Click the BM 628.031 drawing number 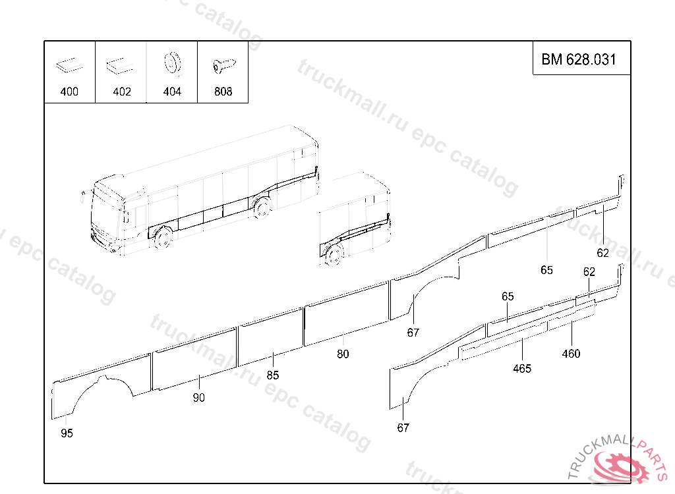(x=579, y=59)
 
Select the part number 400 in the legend (x=69, y=92)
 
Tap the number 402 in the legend (x=122, y=92)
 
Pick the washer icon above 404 (x=171, y=63)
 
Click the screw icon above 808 (x=223, y=65)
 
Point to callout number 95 (x=67, y=433)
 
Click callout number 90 (x=198, y=398)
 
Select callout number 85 (x=273, y=375)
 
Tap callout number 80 (x=343, y=354)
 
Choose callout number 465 (x=522, y=369)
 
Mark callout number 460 (x=571, y=354)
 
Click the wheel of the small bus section (x=334, y=254)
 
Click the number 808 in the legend (x=223, y=92)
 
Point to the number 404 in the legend (x=172, y=92)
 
